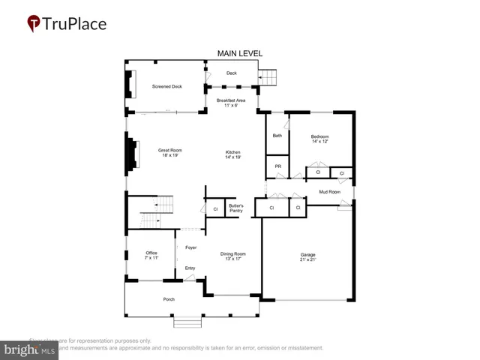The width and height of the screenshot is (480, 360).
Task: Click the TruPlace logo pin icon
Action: (33, 24)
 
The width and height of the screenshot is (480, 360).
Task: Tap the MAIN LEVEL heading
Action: (240, 53)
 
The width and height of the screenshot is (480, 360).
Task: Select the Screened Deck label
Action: (166, 86)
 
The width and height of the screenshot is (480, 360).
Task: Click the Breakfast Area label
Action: (232, 103)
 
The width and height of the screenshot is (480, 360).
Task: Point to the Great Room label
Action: (170, 153)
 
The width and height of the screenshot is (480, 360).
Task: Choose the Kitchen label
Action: (233, 155)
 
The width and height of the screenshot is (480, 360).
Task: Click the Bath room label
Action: (277, 136)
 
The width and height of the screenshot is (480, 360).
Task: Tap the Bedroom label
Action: (320, 139)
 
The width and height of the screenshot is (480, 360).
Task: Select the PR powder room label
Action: (278, 166)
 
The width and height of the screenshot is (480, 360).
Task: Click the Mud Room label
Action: (330, 192)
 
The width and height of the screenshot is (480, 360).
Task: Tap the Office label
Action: (151, 255)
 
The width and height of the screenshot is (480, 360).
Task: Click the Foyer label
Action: (191, 247)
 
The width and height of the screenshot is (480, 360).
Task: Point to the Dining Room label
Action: (233, 256)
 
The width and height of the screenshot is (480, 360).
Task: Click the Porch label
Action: (169, 299)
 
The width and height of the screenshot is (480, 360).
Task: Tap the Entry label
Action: (190, 268)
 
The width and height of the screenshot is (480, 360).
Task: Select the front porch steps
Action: (189, 322)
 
